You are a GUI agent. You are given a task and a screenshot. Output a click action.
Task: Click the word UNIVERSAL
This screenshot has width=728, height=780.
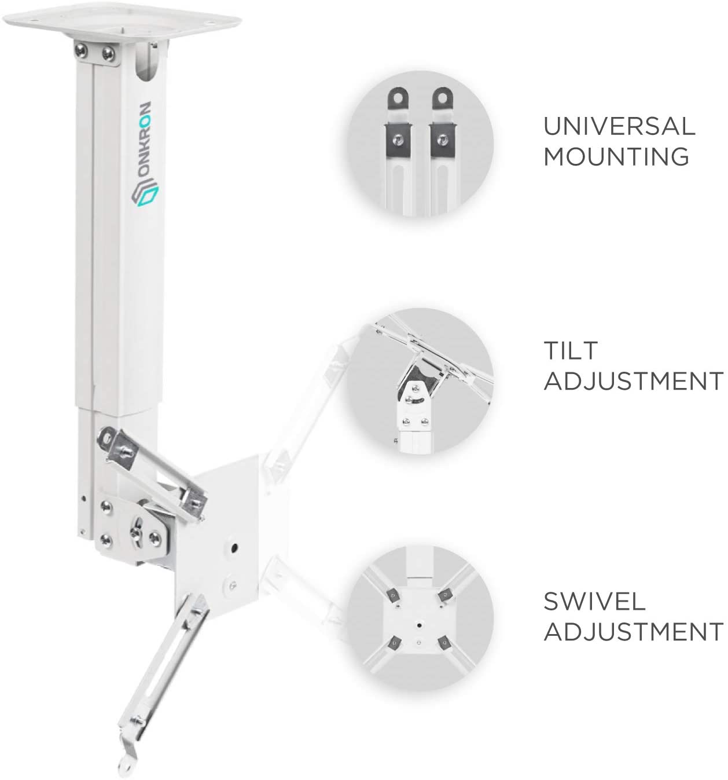pyautogui.click(x=619, y=126)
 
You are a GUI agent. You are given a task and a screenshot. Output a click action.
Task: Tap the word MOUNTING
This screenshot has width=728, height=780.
pyautogui.click(x=616, y=157)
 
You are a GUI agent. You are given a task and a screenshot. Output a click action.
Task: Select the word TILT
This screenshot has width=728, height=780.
pyautogui.click(x=571, y=350)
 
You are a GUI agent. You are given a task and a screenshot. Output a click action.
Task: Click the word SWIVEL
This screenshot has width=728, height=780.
pyautogui.click(x=594, y=601)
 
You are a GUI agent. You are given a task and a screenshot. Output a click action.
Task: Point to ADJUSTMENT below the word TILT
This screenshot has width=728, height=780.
pyautogui.click(x=633, y=380)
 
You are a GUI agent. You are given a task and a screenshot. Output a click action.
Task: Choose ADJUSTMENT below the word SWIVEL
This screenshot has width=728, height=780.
pyautogui.click(x=633, y=631)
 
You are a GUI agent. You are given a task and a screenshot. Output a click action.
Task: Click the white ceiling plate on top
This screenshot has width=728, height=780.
pyautogui.click(x=122, y=21)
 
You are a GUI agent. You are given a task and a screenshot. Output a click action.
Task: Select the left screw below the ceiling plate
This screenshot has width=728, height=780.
pyautogui.click(x=81, y=50)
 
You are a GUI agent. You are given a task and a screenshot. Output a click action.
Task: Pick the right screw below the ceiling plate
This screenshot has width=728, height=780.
pyautogui.click(x=108, y=53)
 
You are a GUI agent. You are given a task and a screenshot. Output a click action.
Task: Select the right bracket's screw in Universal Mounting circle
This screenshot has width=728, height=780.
pyautogui.click(x=443, y=138)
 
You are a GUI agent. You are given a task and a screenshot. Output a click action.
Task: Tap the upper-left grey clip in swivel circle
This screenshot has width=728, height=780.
pyautogui.click(x=393, y=595)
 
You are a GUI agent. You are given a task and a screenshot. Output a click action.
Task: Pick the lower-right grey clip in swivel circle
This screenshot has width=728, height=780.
pyautogui.click(x=444, y=643)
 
